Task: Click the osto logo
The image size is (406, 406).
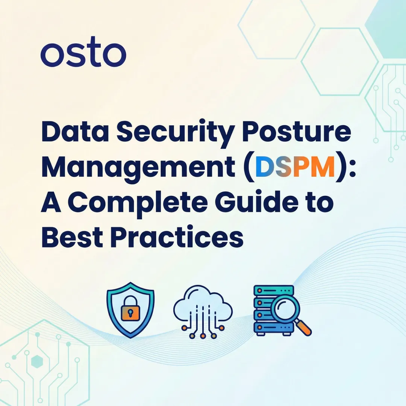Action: (x=83, y=55)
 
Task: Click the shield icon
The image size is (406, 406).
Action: (x=130, y=310)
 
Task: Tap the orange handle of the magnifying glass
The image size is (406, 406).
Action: (x=305, y=329)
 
